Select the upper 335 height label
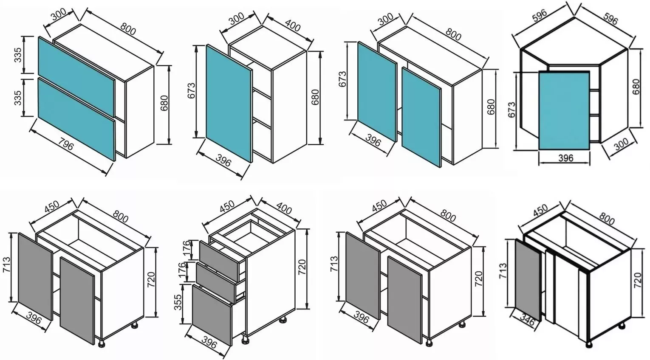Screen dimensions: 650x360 click(18, 55)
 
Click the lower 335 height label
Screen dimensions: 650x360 click(18, 98)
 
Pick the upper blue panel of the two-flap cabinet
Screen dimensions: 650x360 click(76, 76)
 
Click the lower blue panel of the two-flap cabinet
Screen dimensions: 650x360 click(76, 119)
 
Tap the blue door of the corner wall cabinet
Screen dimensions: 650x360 click(564, 110)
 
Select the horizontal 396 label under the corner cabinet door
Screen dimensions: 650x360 click(566, 158)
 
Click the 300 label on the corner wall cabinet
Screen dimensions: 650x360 click(621, 144)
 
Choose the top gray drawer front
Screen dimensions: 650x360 click(219, 257)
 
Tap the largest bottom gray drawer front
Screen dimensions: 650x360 click(212, 315)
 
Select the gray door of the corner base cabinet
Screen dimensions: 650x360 click(528, 280)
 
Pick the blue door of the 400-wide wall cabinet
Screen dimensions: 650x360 click(229, 104)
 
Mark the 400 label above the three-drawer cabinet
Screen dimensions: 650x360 click(283, 208)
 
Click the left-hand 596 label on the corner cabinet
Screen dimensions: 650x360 click(539, 17)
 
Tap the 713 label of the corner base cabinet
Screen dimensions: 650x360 click(503, 271)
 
